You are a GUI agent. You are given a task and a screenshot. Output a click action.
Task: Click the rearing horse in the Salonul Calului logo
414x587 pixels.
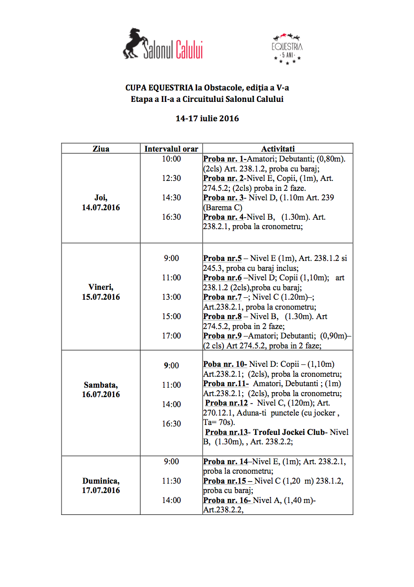tap(133, 43)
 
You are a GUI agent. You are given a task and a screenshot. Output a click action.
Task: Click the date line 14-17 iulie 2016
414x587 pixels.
tap(207, 119)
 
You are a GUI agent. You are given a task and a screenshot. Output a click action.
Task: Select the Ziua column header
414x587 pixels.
tap(101, 149)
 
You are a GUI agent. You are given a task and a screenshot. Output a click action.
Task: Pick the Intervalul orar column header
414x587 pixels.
tap(171, 149)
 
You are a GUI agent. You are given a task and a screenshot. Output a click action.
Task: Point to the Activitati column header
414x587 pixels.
tap(278, 149)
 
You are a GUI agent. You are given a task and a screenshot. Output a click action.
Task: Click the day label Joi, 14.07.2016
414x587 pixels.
tap(101, 202)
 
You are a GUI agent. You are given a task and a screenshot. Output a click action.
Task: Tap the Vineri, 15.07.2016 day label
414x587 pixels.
tap(101, 292)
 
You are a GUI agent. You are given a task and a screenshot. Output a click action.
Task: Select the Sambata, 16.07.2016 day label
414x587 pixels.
tap(101, 390)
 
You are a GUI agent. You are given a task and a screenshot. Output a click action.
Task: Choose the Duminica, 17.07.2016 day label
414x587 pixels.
tap(101, 486)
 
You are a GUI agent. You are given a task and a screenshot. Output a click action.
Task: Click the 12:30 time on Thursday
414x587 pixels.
tap(171, 178)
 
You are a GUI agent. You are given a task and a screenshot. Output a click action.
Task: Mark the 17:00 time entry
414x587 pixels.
tap(171, 335)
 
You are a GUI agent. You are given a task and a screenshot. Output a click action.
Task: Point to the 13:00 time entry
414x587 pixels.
tap(171, 297)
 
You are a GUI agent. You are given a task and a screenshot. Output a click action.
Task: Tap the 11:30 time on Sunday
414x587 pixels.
tap(171, 481)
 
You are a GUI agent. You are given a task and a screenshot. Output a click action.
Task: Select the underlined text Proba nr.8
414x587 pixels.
tap(222, 316)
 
